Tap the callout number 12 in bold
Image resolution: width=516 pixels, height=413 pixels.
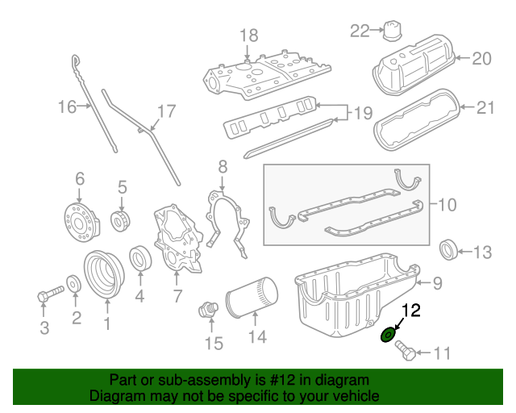[x=411, y=311]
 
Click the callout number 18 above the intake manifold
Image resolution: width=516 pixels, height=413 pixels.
[x=248, y=35]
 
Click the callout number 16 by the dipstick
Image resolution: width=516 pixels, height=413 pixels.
[x=66, y=106]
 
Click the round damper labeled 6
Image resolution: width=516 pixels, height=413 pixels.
[x=79, y=222]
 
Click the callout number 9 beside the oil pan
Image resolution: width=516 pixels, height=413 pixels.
[x=437, y=282]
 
